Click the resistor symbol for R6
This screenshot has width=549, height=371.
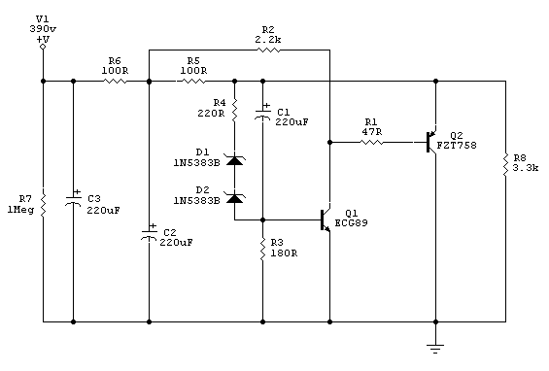[x=115, y=81]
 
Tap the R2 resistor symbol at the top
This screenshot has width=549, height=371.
[x=267, y=50]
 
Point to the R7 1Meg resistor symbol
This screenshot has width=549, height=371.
[x=43, y=200]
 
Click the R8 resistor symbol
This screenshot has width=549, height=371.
[x=505, y=164]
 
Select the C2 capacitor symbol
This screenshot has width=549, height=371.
[x=149, y=233]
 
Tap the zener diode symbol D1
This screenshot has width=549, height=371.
[x=234, y=159]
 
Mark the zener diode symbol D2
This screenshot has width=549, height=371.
[x=234, y=198]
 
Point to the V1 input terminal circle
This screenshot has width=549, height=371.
[x=43, y=45]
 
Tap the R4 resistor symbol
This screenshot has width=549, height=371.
[x=234, y=107]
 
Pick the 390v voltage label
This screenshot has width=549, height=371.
[x=43, y=28]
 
